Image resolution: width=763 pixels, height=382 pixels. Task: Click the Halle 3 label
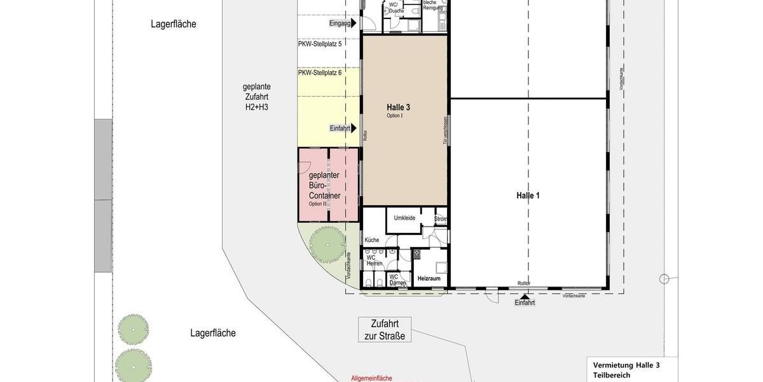click(398, 108)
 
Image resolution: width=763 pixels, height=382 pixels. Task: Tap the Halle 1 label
click(528, 195)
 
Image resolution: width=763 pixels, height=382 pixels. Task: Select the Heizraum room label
click(429, 279)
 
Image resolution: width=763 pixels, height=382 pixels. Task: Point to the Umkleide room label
click(404, 218)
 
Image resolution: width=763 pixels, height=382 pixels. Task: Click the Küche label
click(372, 240)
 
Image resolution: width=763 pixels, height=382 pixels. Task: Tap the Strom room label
click(441, 219)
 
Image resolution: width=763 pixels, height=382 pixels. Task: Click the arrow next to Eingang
click(354, 24)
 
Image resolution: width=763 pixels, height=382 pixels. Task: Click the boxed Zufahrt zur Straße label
click(385, 330)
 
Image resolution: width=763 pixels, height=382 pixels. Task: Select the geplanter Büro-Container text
click(324, 185)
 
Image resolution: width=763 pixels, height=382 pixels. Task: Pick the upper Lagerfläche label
click(174, 24)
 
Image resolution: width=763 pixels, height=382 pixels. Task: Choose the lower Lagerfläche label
click(213, 333)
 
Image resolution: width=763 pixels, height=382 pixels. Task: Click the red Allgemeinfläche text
click(372, 378)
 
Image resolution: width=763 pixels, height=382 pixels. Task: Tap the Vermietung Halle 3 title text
click(626, 365)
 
